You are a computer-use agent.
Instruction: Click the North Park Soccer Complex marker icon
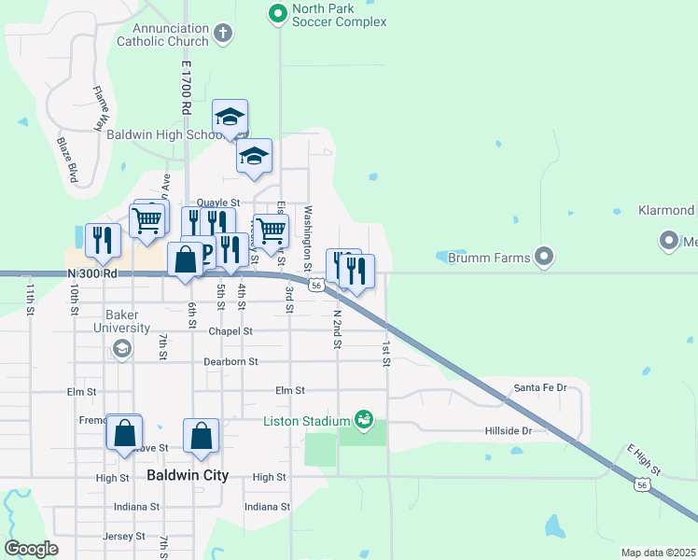[277, 14]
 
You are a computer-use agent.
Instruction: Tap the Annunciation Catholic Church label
[163, 35]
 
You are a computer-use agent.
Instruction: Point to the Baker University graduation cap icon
[120, 349]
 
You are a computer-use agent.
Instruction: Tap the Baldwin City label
[188, 475]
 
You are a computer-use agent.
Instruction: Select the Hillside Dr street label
[508, 430]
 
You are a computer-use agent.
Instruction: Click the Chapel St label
[230, 331]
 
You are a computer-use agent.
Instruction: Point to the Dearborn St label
[230, 361]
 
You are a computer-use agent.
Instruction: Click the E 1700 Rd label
[186, 89]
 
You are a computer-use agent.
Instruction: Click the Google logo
[31, 549]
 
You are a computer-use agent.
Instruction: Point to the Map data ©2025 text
[658, 553]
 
